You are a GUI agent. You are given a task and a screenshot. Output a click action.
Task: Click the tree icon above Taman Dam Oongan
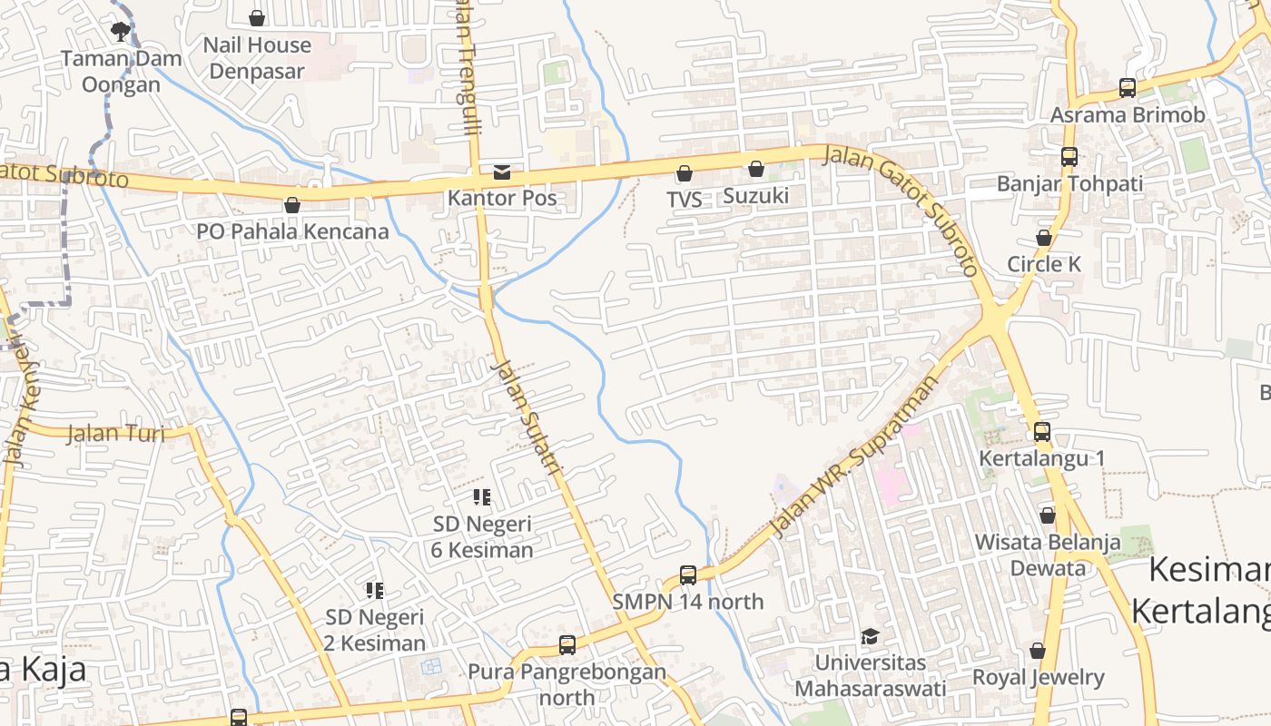point(120,32)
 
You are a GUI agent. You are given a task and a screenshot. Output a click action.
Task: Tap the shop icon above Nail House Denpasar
point(257,17)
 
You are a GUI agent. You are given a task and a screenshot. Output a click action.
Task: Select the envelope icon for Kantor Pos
point(502,172)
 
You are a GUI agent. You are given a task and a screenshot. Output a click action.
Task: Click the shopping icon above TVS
point(685,172)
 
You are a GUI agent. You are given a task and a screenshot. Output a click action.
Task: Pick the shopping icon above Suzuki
point(755,169)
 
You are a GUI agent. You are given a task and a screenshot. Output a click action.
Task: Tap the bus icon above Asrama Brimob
point(1127,88)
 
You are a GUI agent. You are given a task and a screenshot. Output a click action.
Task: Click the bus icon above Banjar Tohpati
point(1069,156)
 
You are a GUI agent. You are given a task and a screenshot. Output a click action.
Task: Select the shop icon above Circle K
point(1044,238)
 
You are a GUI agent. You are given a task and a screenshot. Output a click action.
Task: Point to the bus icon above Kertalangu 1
point(1041,432)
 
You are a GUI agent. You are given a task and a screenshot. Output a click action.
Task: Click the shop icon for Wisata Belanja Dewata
point(1047,515)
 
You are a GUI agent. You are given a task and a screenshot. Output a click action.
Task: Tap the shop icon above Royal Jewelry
point(1038,651)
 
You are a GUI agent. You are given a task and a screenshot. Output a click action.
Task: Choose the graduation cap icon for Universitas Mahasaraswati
point(870,636)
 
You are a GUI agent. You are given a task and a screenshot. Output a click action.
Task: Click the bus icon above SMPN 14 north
point(688,574)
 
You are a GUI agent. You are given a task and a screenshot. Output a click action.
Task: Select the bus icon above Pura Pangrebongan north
point(567,645)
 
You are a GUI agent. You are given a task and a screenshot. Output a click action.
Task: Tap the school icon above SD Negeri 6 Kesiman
point(482,496)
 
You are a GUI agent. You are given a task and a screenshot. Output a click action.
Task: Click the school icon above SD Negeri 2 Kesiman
point(375,591)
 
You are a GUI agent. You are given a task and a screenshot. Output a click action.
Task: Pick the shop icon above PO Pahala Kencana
point(292,205)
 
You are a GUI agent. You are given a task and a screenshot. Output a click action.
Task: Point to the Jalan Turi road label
point(117,433)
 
